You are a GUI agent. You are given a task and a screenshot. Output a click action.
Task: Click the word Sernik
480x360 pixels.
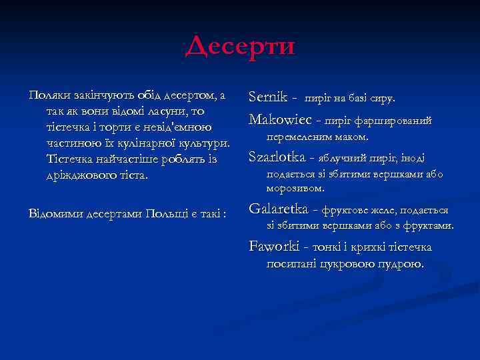pos(267,97)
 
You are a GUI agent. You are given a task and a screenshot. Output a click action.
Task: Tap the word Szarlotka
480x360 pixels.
pos(276,157)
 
